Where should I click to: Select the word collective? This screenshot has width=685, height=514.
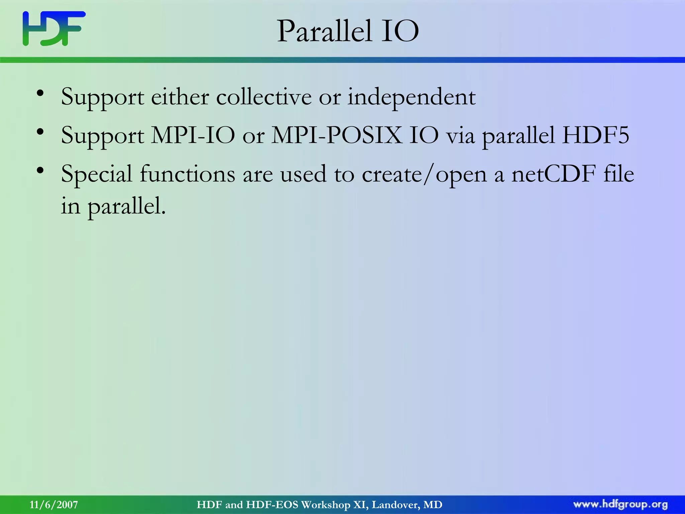click(264, 97)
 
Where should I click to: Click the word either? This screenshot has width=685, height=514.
click(180, 97)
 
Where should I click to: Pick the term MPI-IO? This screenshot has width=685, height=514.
click(193, 136)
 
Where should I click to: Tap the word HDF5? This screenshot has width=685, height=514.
click(595, 136)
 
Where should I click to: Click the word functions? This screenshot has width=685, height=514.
click(187, 174)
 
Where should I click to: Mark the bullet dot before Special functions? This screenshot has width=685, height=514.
click(40, 171)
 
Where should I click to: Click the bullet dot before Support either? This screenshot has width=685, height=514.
click(40, 93)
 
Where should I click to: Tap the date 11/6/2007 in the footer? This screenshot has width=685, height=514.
click(54, 505)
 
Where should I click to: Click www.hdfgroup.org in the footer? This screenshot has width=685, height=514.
click(620, 505)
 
